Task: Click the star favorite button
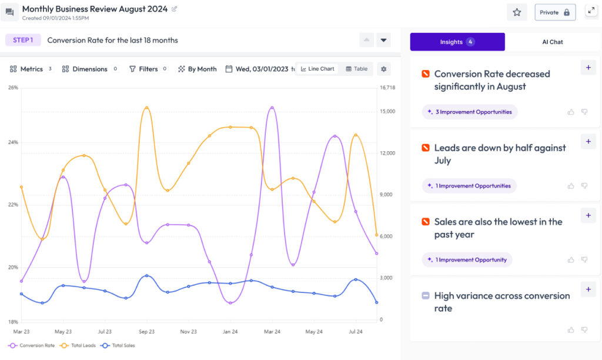pos(517,12)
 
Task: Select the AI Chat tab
pos(552,42)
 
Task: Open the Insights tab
pos(457,42)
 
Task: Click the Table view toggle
pos(356,69)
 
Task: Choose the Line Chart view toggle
pos(317,69)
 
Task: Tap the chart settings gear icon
pos(384,69)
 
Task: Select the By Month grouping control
pos(198,69)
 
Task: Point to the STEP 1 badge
pos(23,40)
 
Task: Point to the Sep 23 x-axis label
pos(146,332)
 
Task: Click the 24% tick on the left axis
pos(13,142)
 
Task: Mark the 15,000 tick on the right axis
pos(387,111)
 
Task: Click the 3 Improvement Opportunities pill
pos(470,112)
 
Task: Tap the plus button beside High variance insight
pos(588,289)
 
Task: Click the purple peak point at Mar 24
pos(272,108)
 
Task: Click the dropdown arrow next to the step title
pos(383,40)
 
